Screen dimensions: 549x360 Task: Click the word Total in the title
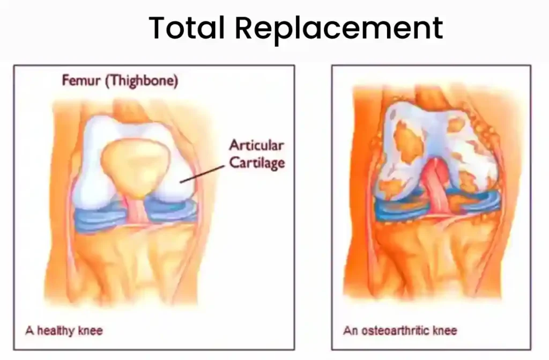click(187, 27)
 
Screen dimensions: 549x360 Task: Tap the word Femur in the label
click(81, 80)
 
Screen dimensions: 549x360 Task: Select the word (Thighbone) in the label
click(142, 82)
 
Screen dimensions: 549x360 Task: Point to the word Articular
click(256, 145)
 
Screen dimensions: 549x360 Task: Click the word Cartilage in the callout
click(257, 163)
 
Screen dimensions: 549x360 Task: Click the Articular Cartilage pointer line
click(202, 174)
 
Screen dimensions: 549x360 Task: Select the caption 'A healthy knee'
click(64, 330)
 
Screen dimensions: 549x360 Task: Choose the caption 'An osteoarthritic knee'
click(400, 330)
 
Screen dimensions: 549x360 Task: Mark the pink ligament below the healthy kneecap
click(137, 210)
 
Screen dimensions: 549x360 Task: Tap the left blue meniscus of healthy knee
click(100, 216)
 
